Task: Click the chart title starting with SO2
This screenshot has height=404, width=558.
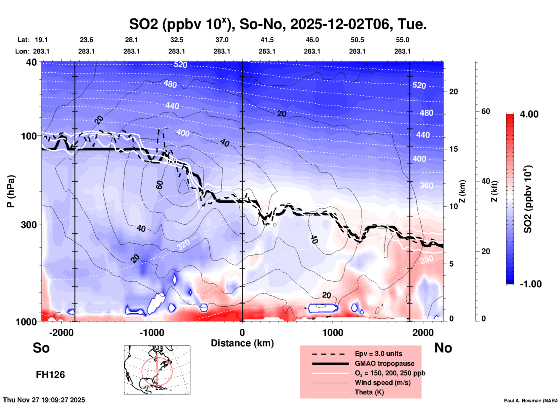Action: point(278,24)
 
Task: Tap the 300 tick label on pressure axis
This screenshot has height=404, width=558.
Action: point(29,225)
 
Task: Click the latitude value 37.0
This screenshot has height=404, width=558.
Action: point(222,40)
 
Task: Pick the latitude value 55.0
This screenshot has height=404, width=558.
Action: point(402,40)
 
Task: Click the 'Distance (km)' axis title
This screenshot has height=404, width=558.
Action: point(242,343)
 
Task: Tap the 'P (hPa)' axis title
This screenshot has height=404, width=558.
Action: point(11,191)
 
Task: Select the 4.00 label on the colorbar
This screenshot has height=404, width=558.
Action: point(529,114)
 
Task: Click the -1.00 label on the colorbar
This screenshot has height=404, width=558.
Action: point(530,284)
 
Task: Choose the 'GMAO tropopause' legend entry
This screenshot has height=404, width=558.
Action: point(384,363)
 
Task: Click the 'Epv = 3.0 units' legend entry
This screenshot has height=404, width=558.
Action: point(378,354)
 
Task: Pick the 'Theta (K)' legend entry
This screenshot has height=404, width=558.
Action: point(369,392)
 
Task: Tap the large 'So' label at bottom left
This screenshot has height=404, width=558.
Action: point(41,348)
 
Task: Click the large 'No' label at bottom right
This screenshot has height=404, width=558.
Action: point(443,348)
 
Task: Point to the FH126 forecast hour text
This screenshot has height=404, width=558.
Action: point(50,375)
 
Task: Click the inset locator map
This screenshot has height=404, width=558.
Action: point(157,370)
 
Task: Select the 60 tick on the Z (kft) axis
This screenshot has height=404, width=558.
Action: point(486,111)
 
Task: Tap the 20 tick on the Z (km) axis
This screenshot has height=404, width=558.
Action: point(453,92)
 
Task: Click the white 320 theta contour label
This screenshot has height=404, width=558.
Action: point(183,245)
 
